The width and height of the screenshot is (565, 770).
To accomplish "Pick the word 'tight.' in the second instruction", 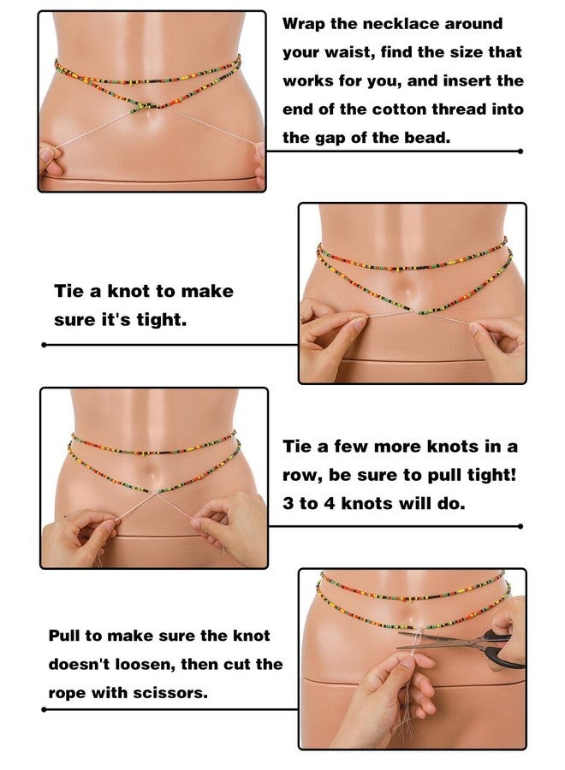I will pos(159,319).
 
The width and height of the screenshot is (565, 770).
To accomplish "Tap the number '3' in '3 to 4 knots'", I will pos(288,503).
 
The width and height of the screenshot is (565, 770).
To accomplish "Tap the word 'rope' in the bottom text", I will pos(68,692).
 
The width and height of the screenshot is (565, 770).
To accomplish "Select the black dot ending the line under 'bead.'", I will pos(520,151).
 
